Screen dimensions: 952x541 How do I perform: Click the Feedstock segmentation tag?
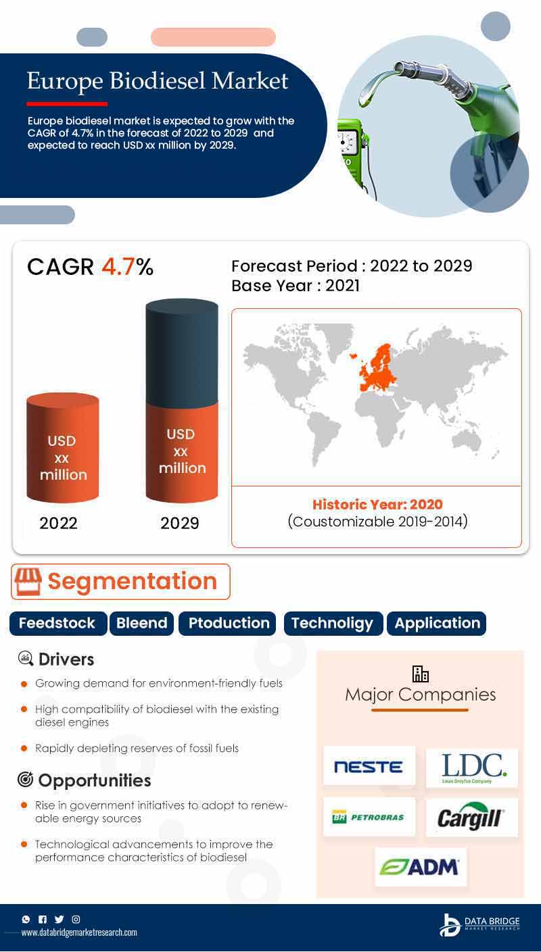click(x=57, y=623)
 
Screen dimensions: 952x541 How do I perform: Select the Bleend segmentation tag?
click(x=142, y=623)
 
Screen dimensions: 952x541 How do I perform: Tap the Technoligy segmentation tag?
click(x=333, y=623)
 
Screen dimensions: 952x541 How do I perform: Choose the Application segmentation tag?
click(x=437, y=623)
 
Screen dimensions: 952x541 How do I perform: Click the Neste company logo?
click(x=369, y=766)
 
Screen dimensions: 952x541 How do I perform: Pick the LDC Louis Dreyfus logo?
click(x=472, y=768)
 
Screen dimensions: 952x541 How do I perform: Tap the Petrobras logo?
click(x=369, y=817)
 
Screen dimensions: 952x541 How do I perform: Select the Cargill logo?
click(x=472, y=817)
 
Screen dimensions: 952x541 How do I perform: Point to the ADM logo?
click(x=421, y=867)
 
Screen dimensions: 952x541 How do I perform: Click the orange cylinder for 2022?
click(x=63, y=449)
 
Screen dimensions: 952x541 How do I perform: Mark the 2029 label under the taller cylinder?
click(x=180, y=523)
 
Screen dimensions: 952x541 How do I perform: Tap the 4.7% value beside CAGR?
click(x=127, y=267)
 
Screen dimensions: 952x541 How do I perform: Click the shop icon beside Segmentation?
click(x=28, y=581)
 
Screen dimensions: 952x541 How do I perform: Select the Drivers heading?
click(x=66, y=659)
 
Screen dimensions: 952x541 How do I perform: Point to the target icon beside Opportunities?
click(x=25, y=780)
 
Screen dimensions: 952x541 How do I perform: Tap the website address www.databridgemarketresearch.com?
click(x=79, y=932)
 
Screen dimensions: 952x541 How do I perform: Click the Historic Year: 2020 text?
click(x=377, y=504)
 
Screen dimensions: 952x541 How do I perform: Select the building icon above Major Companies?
click(x=421, y=674)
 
